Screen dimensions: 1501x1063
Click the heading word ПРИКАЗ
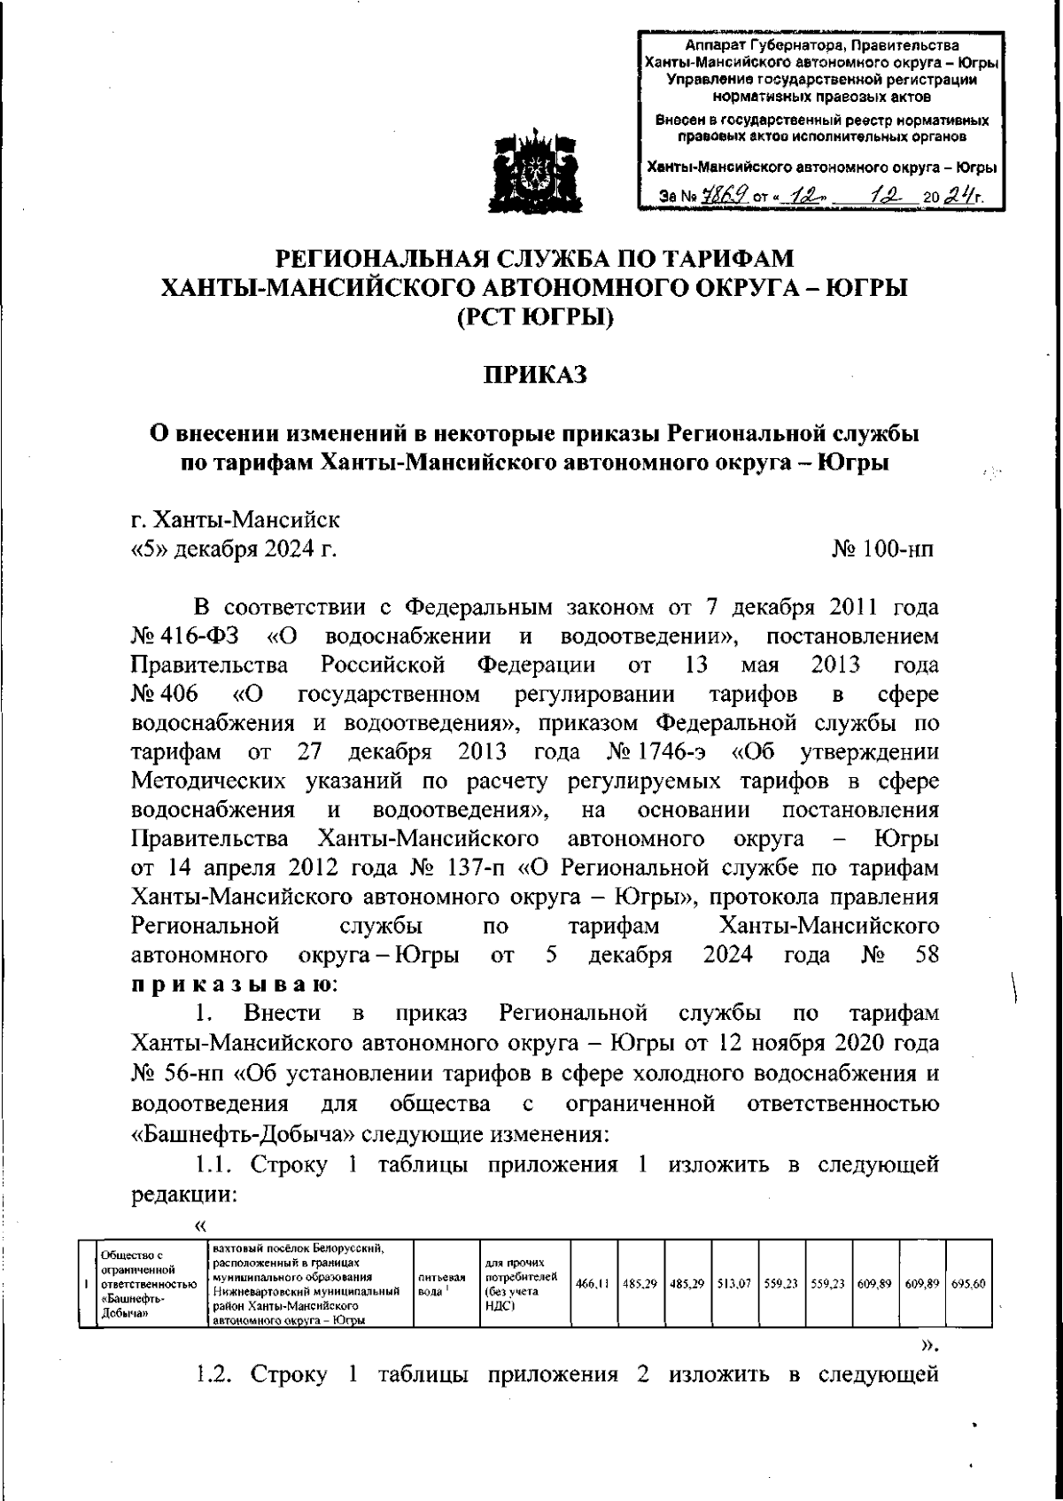534,376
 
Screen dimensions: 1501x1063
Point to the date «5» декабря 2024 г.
234,549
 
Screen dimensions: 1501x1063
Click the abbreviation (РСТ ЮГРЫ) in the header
534,316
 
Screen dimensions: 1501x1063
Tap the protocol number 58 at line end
923,955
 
